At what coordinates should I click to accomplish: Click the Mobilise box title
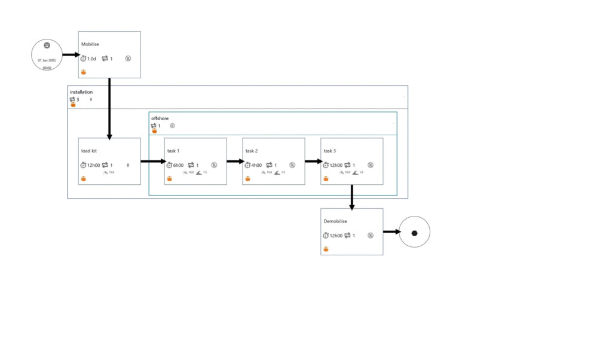coord(91,44)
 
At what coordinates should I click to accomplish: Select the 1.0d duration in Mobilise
coord(91,59)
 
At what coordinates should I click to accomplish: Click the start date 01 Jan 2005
coord(47,60)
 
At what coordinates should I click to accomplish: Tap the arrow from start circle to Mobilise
coord(71,55)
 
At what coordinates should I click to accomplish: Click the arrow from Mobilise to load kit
coord(109,108)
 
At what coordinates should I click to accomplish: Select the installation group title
coord(81,92)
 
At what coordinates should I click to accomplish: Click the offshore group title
coord(160,118)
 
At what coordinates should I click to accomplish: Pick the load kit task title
coord(90,151)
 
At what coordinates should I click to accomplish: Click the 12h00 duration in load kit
coord(94,165)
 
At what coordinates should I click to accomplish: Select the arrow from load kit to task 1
coord(152,161)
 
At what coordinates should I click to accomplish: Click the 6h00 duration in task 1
coord(178,165)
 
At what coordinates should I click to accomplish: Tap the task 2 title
coord(252,151)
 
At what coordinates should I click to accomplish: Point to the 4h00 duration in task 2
coord(256,165)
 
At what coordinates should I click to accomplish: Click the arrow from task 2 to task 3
coord(313,161)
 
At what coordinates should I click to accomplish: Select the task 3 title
coord(330,151)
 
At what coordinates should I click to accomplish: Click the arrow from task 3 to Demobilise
coord(352,197)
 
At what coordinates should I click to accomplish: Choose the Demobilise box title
coord(335,221)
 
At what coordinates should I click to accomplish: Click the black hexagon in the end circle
coord(414,232)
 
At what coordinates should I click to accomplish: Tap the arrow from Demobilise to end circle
coord(391,232)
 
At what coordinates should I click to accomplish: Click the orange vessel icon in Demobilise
coord(326,249)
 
